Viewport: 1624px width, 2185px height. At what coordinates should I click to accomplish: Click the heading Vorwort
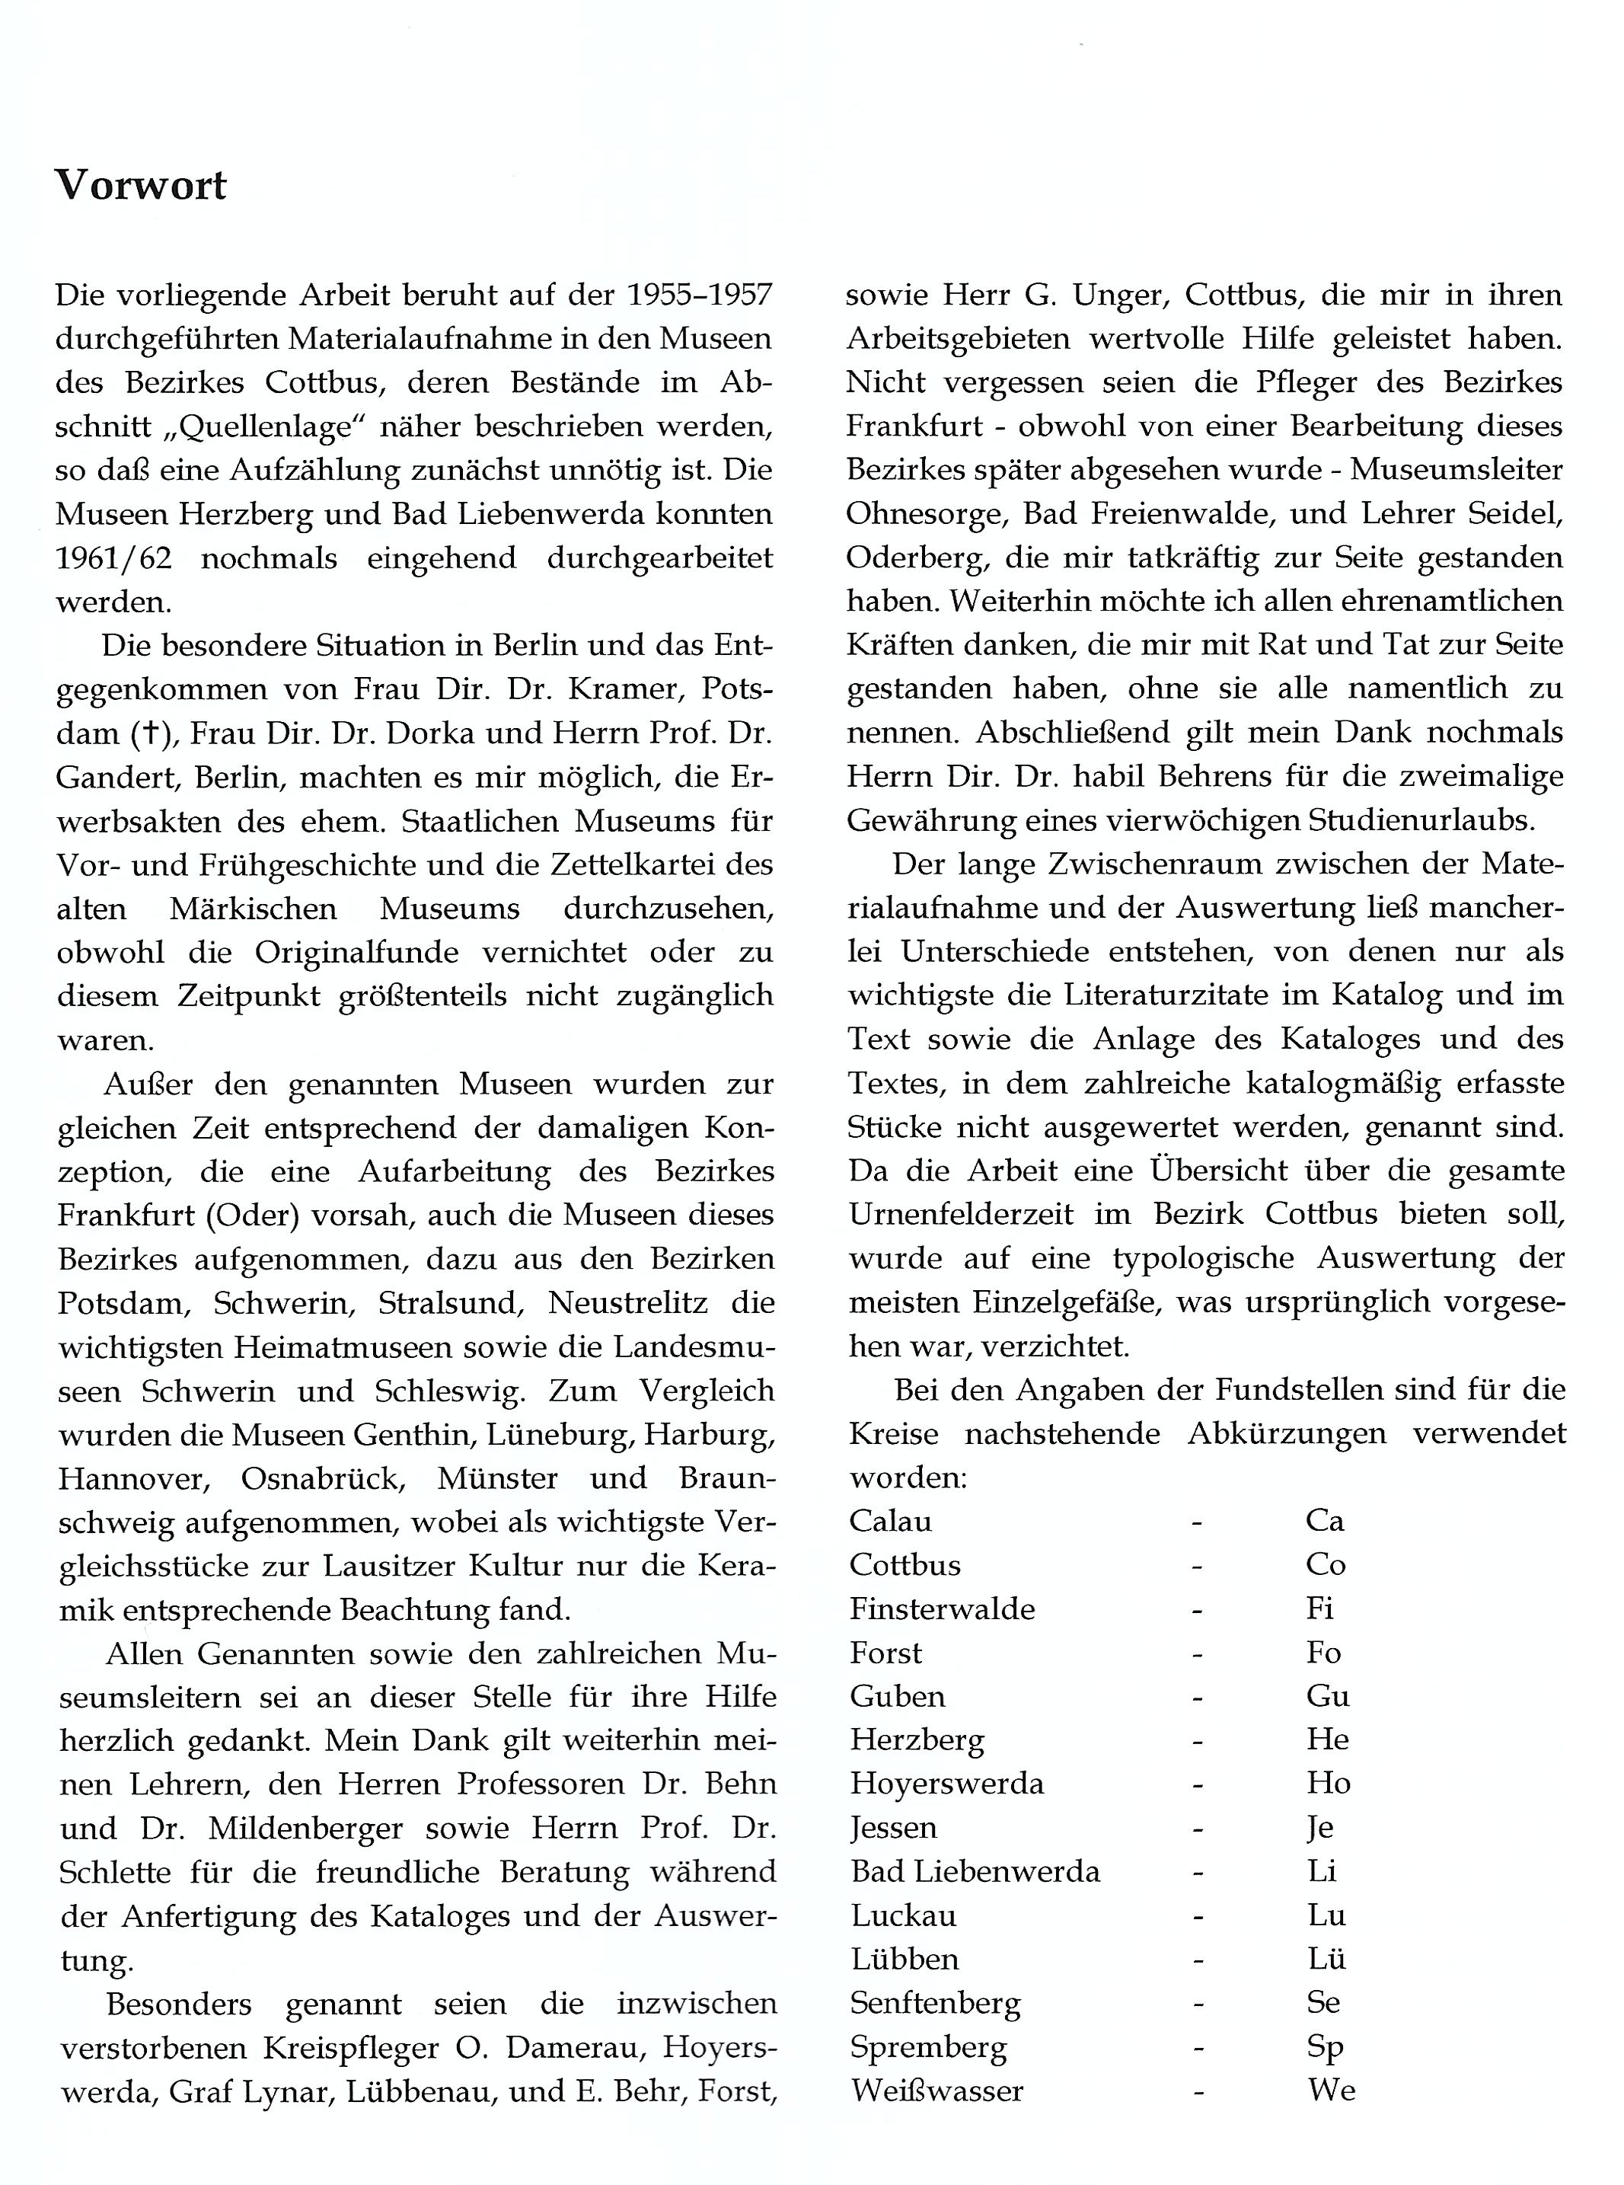click(141, 185)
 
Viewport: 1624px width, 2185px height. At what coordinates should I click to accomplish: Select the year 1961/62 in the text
click(114, 558)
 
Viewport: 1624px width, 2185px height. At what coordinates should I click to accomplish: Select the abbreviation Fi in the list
click(1319, 1608)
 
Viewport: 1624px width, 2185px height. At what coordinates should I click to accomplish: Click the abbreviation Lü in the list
click(1326, 1959)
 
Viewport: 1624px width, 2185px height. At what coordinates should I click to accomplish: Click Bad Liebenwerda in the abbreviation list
click(975, 1871)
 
